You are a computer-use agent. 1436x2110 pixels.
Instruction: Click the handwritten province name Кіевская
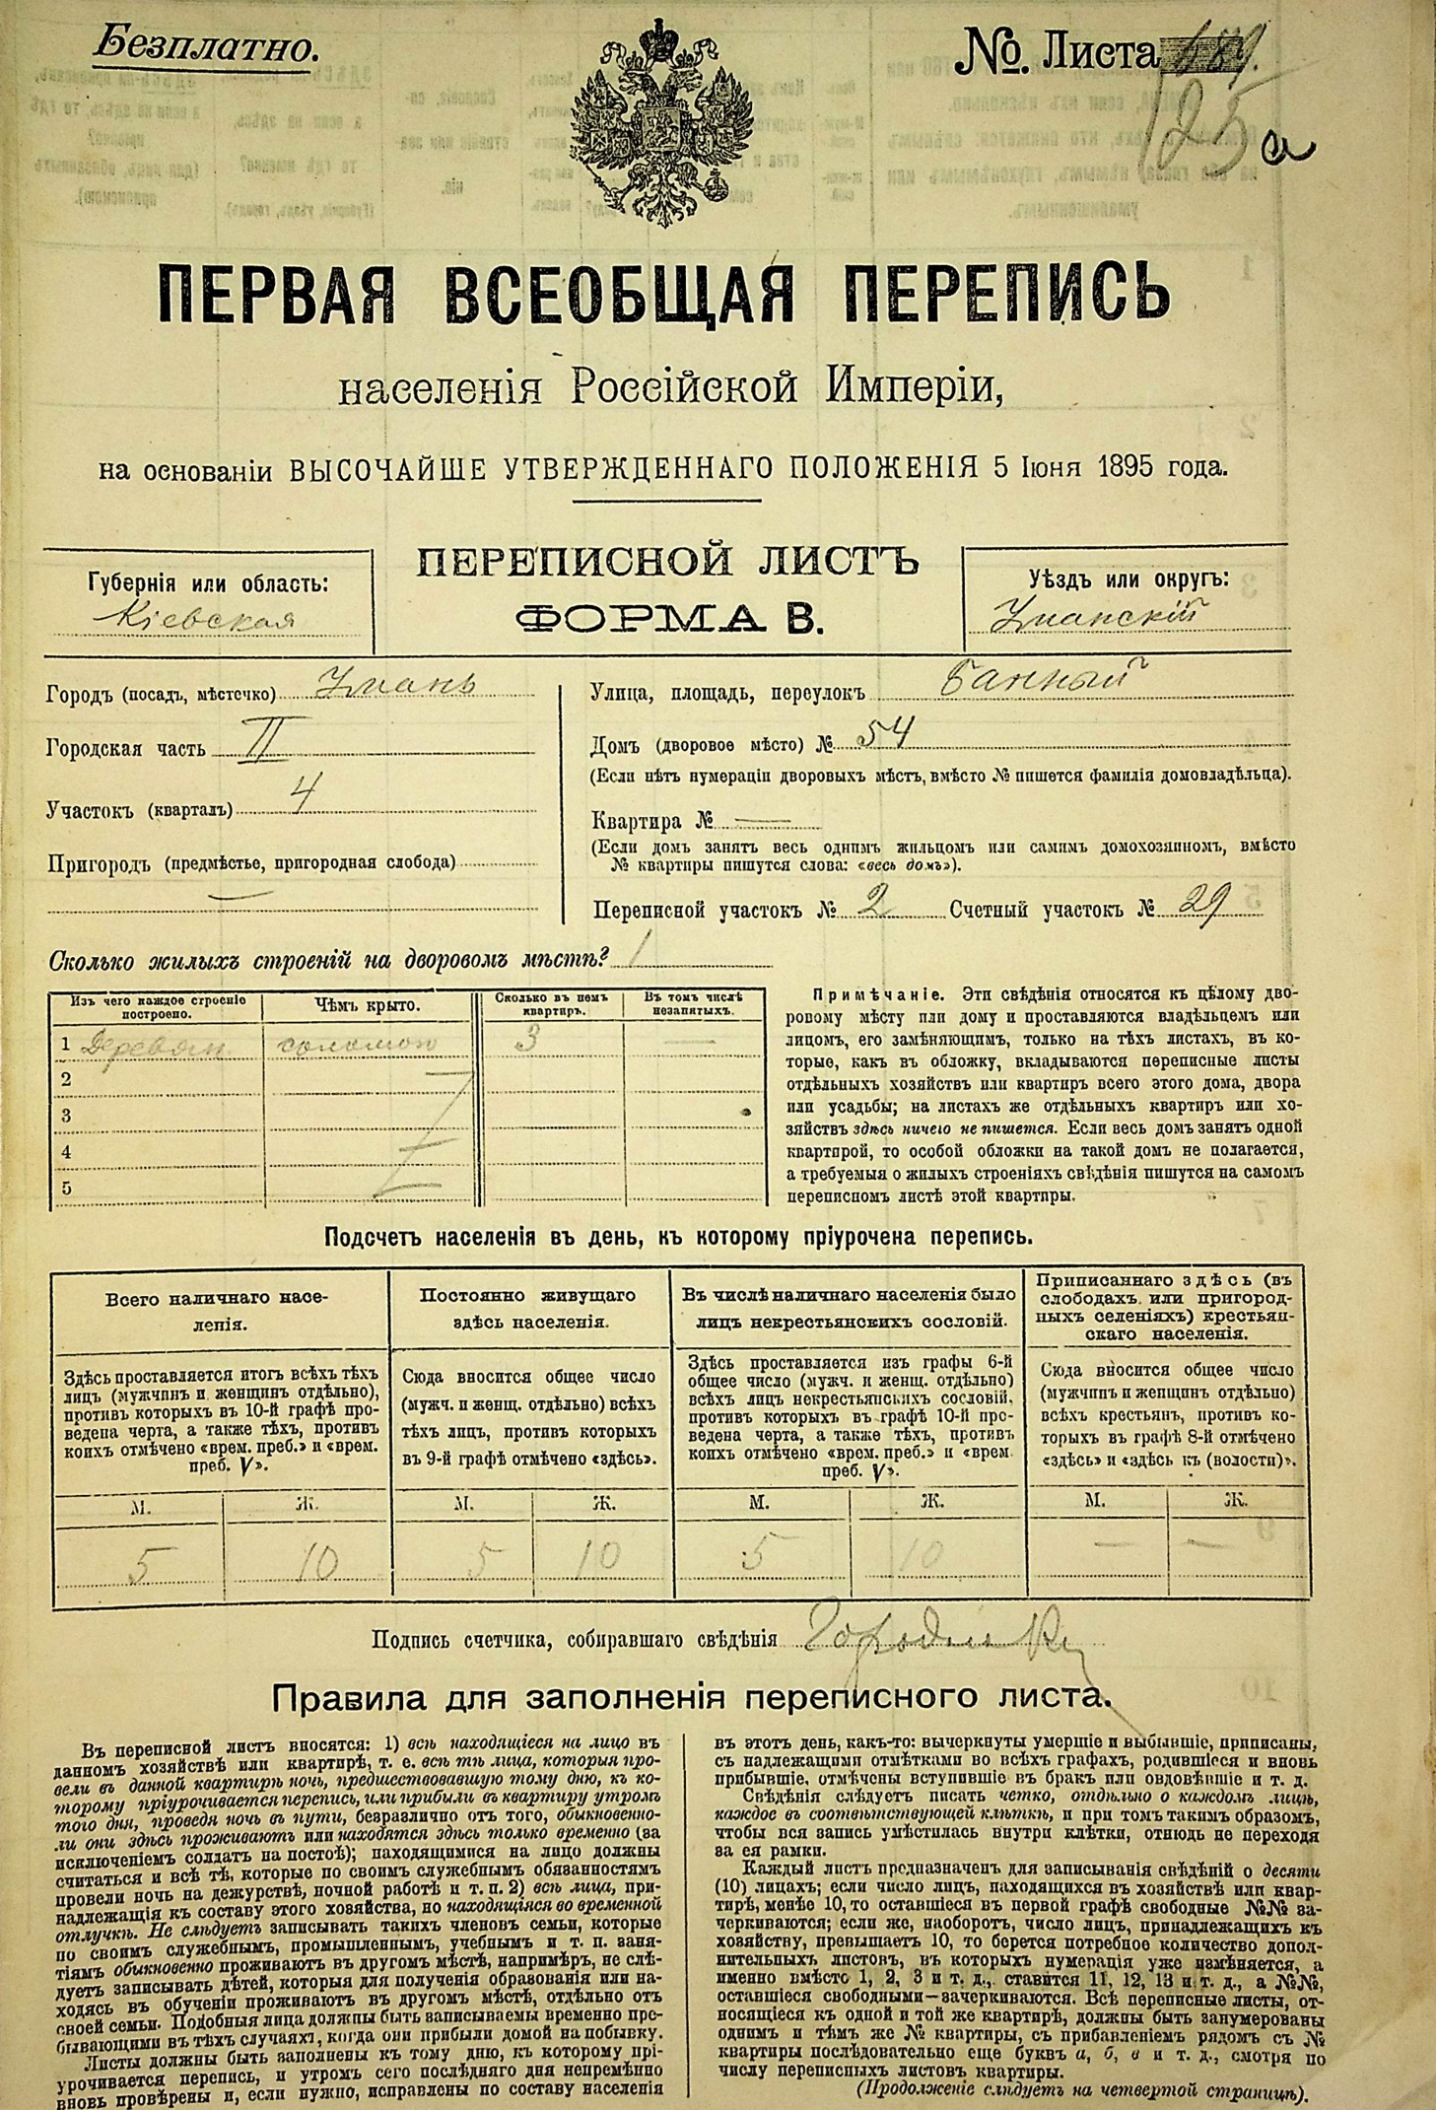click(x=206, y=619)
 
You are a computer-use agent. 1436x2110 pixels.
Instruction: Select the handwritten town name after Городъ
click(x=395, y=686)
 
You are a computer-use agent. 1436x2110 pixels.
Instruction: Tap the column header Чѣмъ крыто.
click(x=367, y=1006)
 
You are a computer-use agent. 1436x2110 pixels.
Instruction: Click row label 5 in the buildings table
click(x=67, y=1189)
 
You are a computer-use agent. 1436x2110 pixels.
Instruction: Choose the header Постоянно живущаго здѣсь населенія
click(x=529, y=1308)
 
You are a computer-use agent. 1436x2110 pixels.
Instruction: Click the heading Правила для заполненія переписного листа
click(x=690, y=1697)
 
